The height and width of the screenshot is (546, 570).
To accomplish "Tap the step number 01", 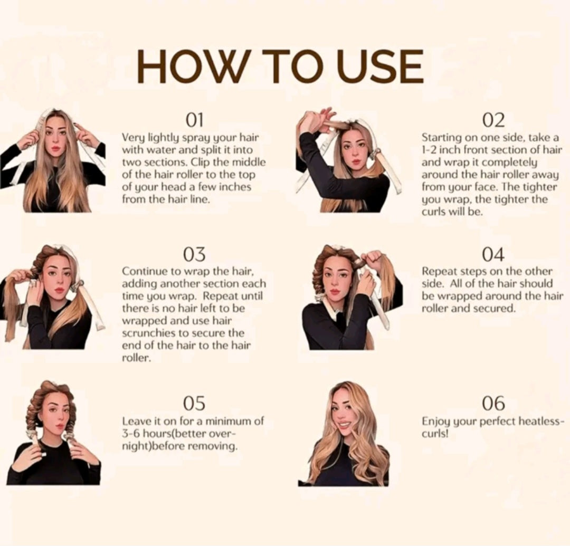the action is tap(194, 120).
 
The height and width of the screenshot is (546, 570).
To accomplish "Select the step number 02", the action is tap(493, 120).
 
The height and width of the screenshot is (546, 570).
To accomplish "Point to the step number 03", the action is tap(194, 254).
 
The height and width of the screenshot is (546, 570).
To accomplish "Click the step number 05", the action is tap(194, 403).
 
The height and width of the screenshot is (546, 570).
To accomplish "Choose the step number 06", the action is tap(493, 403).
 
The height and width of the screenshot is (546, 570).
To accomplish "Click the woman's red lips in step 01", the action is tap(55, 148).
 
